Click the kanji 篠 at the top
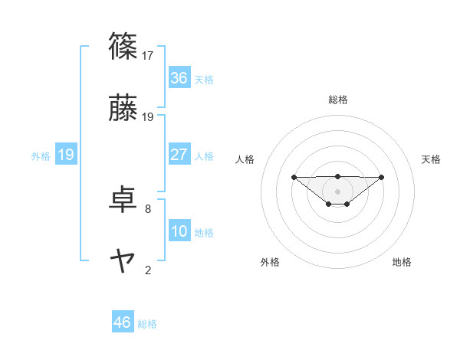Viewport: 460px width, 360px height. [123, 47]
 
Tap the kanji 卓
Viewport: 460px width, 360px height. [123, 200]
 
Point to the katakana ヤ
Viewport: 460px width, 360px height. [123, 261]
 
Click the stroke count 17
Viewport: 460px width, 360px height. [148, 55]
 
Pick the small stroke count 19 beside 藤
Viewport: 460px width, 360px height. [148, 116]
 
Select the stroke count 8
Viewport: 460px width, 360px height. [148, 208]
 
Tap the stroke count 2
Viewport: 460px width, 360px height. [148, 270]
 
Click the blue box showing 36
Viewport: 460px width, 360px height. [179, 78]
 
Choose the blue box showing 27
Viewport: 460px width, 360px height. [179, 155]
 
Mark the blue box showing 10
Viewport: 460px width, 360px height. [179, 231]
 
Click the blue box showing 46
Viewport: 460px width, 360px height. [123, 322]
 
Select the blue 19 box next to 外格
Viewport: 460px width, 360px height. [66, 155]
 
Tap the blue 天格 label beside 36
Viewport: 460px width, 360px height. [204, 79]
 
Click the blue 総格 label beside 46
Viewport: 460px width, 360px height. [147, 324]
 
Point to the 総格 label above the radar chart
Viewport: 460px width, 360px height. [338, 100]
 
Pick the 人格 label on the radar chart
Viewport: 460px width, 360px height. [245, 159]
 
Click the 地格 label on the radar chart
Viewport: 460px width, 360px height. [402, 262]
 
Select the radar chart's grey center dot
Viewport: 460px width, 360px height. [337, 191]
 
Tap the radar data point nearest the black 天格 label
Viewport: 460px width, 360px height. [382, 177]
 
